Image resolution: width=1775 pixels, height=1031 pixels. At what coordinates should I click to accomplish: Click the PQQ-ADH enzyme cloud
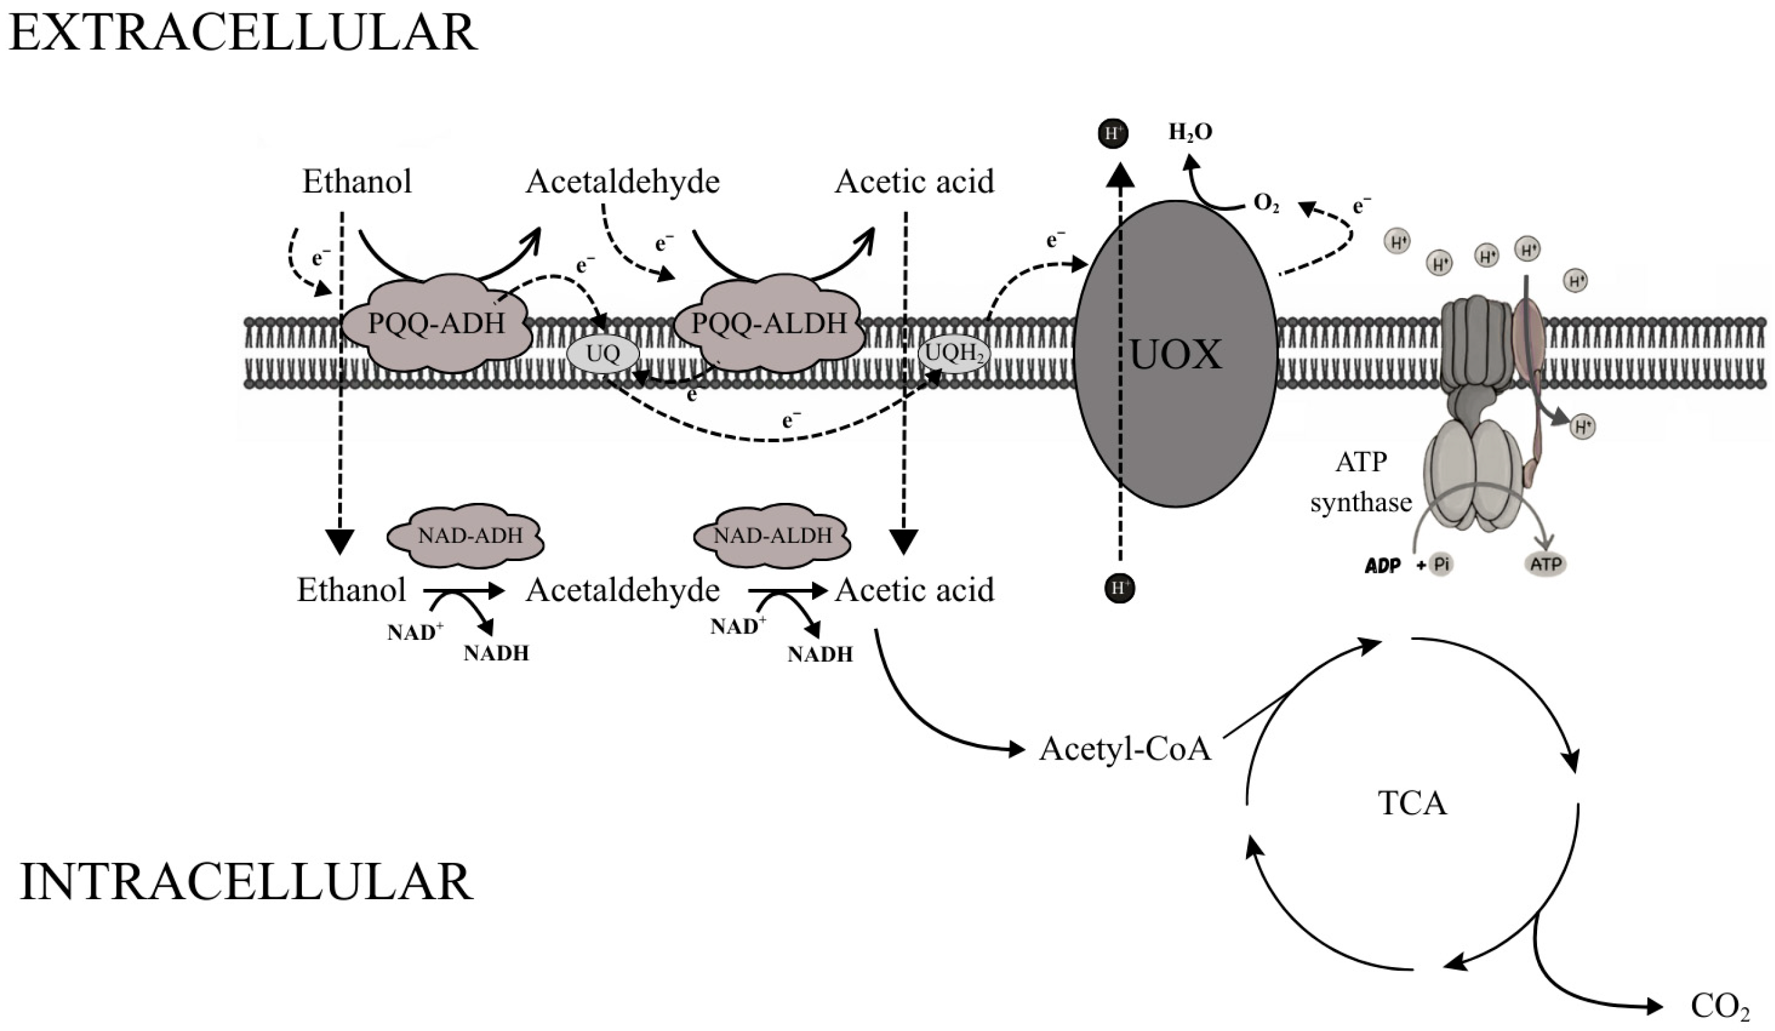[436, 324]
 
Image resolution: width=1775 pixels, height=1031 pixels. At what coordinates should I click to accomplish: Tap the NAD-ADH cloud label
[470, 536]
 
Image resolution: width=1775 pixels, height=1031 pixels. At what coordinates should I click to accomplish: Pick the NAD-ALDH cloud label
[773, 536]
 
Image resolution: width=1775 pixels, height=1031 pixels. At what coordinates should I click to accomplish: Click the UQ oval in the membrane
[603, 354]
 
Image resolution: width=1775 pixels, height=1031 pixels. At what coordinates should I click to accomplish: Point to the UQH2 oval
[954, 354]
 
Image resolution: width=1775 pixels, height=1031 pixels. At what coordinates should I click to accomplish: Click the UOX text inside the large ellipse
[1175, 355]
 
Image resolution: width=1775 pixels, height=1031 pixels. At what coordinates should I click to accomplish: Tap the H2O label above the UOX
[1190, 133]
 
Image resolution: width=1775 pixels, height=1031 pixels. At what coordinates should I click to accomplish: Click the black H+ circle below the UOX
[1120, 588]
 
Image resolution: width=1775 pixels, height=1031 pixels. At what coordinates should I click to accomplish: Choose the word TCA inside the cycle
[1412, 803]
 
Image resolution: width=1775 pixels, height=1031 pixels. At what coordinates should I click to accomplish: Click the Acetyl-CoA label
[1125, 749]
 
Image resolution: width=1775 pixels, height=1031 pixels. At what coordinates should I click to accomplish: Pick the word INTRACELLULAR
[246, 882]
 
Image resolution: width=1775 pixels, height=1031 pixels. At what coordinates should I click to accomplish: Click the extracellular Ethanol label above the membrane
[357, 182]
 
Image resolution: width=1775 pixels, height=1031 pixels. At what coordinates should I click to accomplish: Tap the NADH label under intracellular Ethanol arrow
[496, 654]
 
